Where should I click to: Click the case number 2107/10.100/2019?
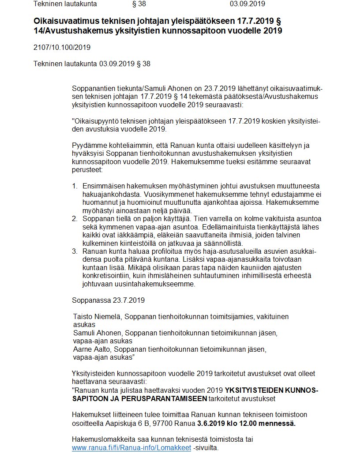click(62, 47)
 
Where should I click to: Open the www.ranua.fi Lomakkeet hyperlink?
click(131, 447)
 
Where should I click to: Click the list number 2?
click(75, 219)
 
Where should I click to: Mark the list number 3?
click(75, 252)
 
